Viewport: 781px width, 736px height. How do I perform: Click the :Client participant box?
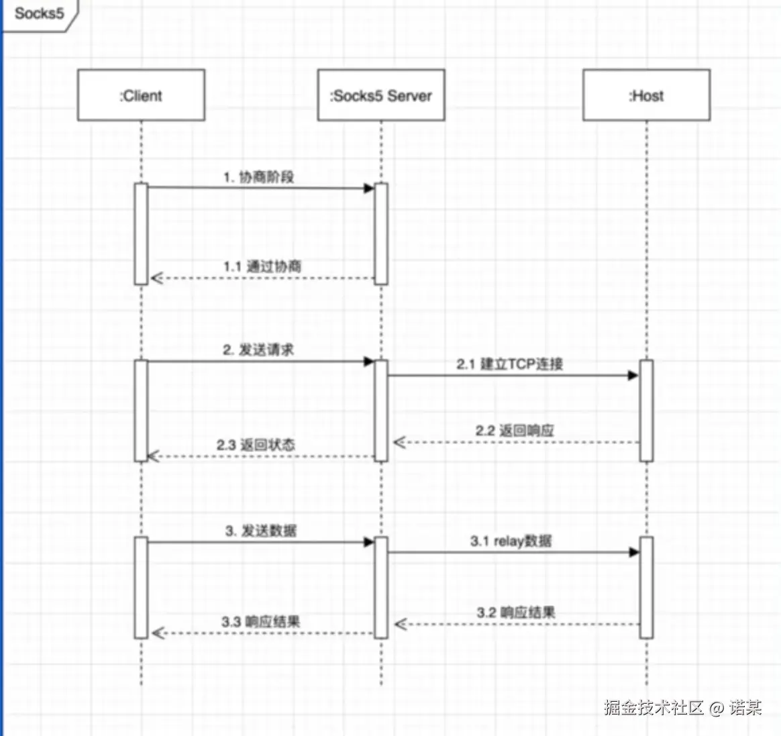[141, 95]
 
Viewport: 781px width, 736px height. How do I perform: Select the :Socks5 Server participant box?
[380, 95]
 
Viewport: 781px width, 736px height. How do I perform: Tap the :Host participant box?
[646, 95]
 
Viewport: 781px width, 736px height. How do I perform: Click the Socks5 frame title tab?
[39, 13]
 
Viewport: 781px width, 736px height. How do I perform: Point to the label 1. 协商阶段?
[259, 177]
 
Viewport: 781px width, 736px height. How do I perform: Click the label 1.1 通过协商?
[262, 266]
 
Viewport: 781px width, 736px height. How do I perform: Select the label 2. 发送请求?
[258, 350]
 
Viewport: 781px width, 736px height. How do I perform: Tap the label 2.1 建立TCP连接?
[510, 364]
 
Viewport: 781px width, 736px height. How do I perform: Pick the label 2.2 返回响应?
[515, 431]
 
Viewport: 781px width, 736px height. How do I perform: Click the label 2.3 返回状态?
[256, 445]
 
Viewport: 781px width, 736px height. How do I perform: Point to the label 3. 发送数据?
[261, 531]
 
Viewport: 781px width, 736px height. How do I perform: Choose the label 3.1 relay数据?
[511, 541]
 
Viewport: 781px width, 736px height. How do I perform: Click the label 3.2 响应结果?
[516, 613]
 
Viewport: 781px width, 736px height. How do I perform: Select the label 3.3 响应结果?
[261, 622]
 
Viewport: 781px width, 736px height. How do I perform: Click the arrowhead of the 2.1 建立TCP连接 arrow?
[633, 376]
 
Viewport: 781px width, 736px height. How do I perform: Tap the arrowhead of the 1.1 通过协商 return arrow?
[156, 278]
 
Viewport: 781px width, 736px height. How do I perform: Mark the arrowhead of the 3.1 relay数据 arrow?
[634, 552]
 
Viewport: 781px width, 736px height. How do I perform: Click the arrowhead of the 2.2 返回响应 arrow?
[399, 442]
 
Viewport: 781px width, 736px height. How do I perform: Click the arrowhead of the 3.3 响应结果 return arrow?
[157, 633]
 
